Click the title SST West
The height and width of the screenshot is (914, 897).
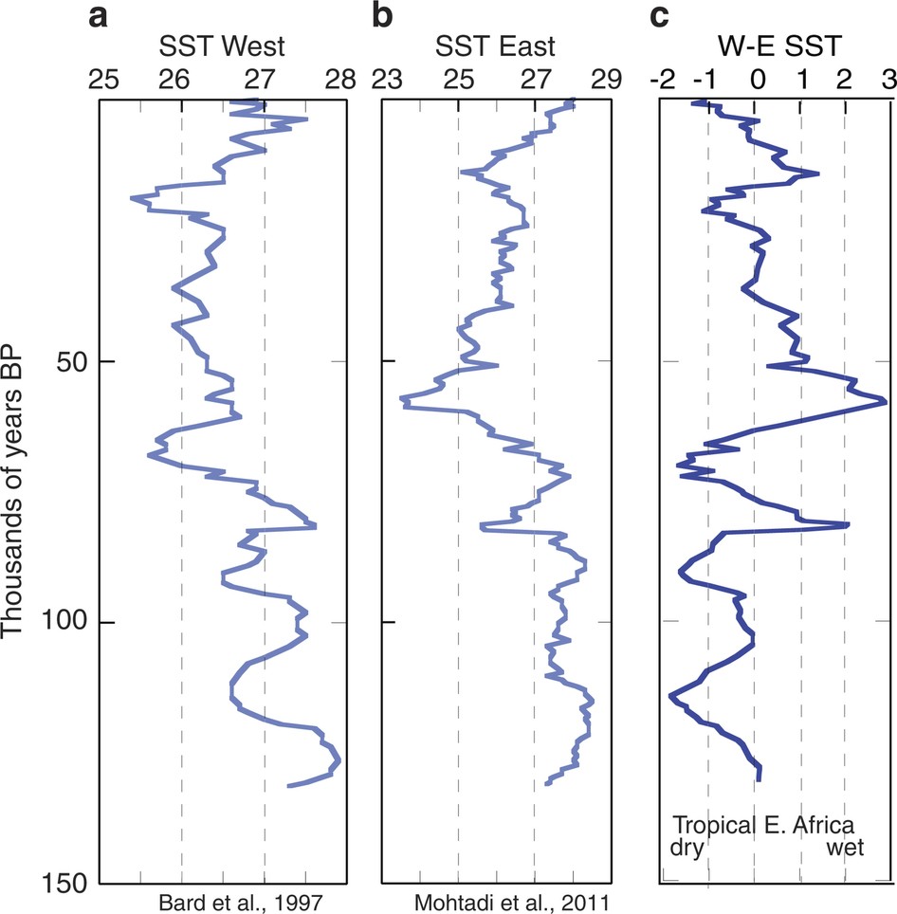click(221, 46)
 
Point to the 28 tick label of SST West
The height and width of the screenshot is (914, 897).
click(338, 80)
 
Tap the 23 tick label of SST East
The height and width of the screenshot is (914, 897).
click(385, 80)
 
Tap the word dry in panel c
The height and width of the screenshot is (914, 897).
click(687, 849)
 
